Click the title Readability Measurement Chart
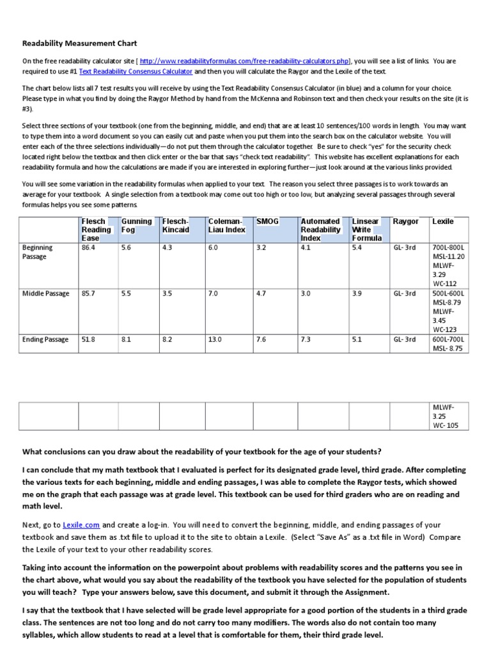[79, 44]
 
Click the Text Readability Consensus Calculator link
[136, 72]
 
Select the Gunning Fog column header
[136, 225]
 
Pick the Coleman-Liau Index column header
[226, 225]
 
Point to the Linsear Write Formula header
[366, 230]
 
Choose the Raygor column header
[405, 221]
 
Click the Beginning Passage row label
[38, 251]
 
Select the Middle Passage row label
[45, 294]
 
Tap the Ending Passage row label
[45, 340]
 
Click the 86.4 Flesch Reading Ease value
[89, 248]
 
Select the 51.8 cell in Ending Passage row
[89, 340]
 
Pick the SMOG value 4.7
[261, 294]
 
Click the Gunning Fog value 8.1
[126, 340]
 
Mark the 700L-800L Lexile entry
[449, 248]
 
